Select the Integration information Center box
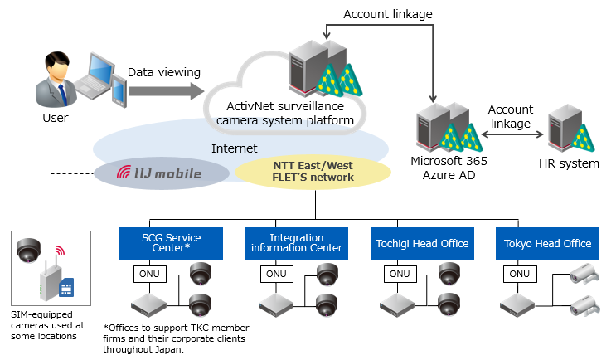coord(295,243)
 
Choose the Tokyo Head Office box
coord(547,244)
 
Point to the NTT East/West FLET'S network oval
coord(313,172)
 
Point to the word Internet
coord(235,148)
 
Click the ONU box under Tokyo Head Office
coord(519,274)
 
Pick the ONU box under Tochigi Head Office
coord(400,274)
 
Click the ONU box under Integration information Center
coord(274,274)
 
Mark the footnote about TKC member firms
coord(176,338)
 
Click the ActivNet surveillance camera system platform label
coord(284,113)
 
